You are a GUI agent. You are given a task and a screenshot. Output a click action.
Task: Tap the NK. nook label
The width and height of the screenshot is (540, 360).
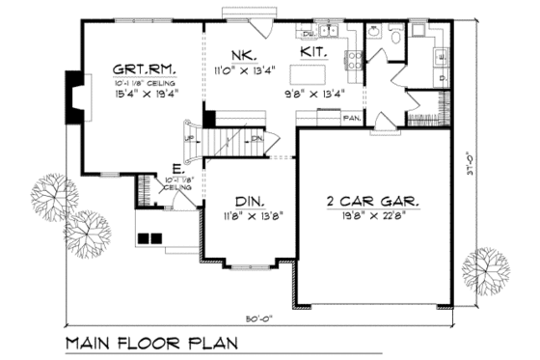click(241, 55)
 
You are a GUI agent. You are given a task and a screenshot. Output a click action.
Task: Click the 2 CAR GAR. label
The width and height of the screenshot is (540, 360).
click(371, 204)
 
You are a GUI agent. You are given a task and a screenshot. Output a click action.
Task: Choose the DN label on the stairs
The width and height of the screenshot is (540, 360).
click(257, 139)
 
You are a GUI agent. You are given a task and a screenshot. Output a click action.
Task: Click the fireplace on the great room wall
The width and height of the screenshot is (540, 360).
click(73, 98)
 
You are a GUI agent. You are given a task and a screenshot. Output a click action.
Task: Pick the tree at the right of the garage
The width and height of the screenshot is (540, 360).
click(486, 271)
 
